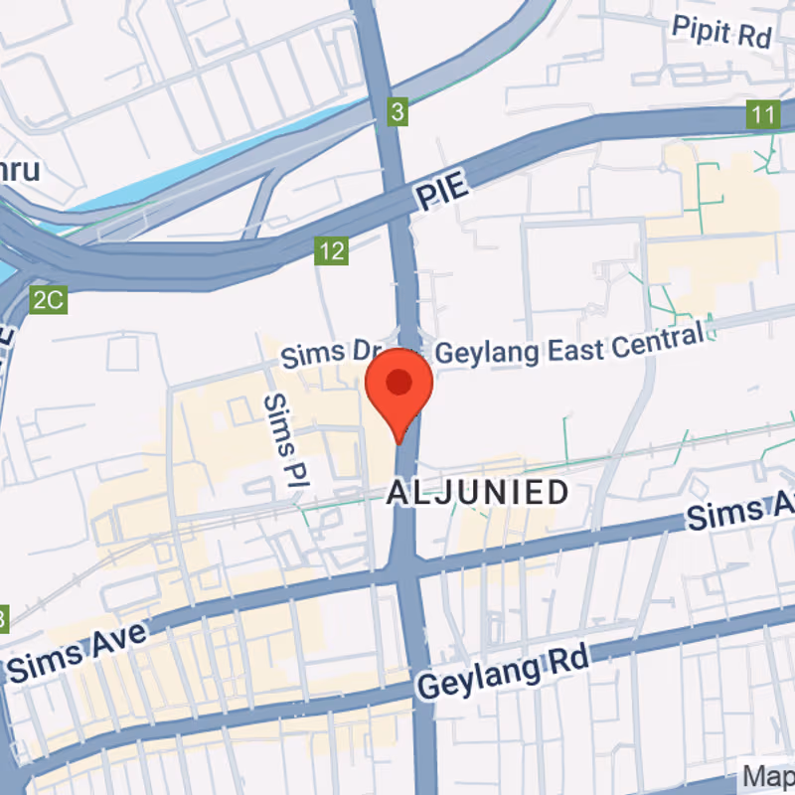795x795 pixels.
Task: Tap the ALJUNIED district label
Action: [x=478, y=492]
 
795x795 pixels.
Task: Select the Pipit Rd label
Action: [x=722, y=32]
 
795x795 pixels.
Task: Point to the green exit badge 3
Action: [x=397, y=113]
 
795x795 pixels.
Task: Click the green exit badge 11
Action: [x=762, y=115]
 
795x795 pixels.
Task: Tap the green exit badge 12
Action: [x=332, y=250]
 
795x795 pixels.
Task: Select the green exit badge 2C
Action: [x=48, y=300]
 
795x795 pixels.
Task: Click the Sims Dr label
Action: [x=324, y=354]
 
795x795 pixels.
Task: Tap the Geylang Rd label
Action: [x=504, y=673]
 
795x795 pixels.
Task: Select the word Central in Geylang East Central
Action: [x=659, y=334]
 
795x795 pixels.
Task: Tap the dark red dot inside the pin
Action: [x=399, y=382]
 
